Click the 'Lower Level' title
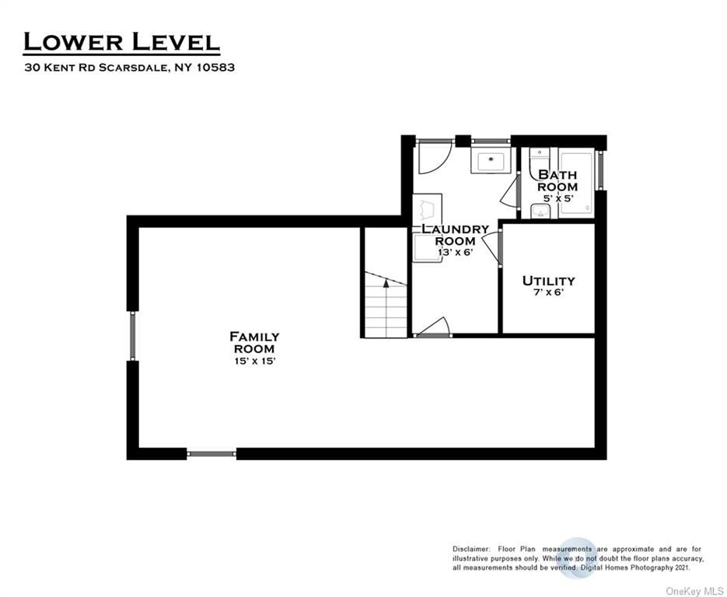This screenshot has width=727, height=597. [x=121, y=42]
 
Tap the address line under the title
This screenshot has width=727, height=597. [x=130, y=68]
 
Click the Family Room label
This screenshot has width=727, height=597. [x=254, y=343]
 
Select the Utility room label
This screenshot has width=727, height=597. [x=548, y=281]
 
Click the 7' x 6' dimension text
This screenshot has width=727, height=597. [x=548, y=292]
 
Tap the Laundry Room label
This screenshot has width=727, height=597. [x=456, y=235]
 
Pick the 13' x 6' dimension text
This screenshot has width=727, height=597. [x=456, y=253]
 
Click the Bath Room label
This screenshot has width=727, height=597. [x=557, y=181]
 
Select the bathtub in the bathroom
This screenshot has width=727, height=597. [x=576, y=182]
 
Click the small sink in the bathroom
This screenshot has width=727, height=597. [x=540, y=211]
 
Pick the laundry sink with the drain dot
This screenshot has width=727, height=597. [x=491, y=160]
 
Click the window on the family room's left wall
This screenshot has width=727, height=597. [x=133, y=336]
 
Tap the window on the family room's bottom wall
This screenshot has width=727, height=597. [x=211, y=454]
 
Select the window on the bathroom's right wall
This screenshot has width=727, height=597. [x=600, y=169]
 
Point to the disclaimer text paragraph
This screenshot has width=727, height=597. [x=578, y=558]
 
